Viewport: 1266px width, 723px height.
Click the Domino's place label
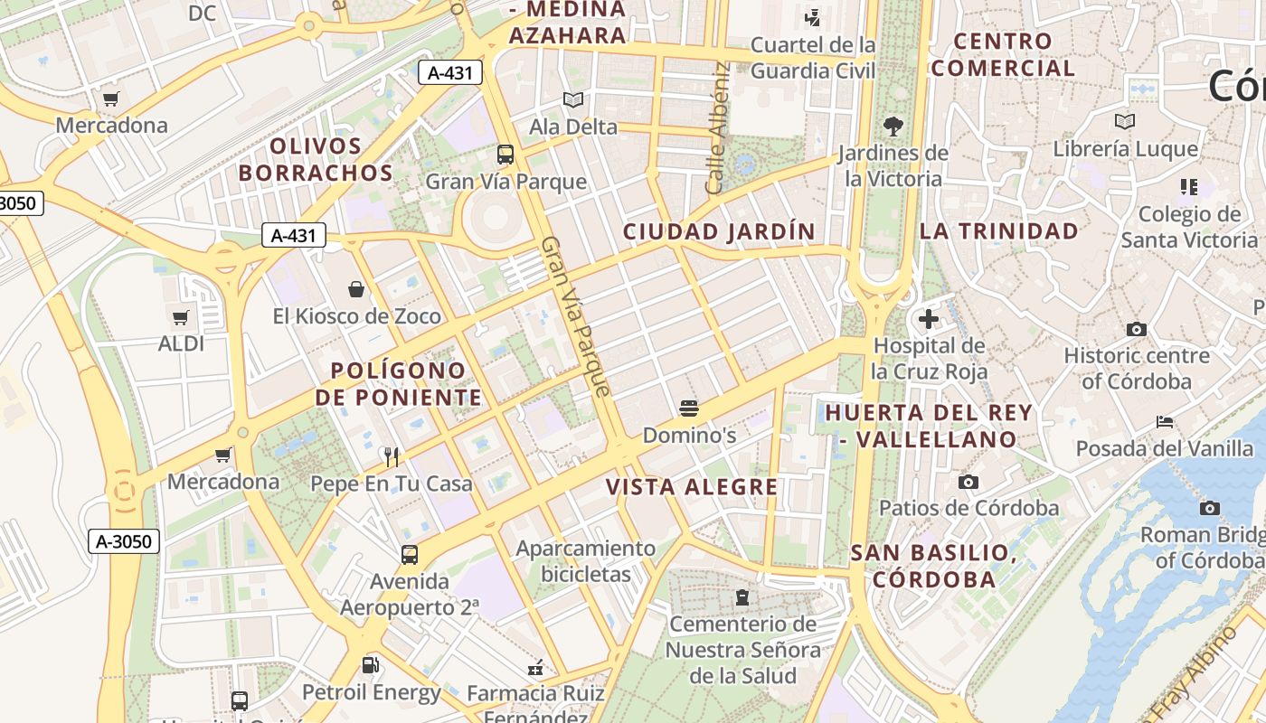click(x=689, y=435)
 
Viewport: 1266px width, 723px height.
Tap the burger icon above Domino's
click(x=689, y=408)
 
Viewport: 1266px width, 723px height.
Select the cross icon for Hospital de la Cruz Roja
click(x=928, y=319)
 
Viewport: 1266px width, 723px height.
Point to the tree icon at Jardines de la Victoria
click(x=893, y=127)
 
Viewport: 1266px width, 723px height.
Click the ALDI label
click(x=181, y=343)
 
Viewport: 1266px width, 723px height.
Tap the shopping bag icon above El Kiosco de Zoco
click(x=356, y=289)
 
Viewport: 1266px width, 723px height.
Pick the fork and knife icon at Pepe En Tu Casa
click(x=392, y=456)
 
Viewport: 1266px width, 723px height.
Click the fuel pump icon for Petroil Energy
click(x=371, y=666)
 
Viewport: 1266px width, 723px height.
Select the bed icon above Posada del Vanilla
click(x=1165, y=422)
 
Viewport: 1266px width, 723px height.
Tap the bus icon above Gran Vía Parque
click(x=505, y=155)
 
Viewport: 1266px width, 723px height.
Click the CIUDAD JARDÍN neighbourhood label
click(x=719, y=231)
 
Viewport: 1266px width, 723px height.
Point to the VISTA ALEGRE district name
click(x=692, y=487)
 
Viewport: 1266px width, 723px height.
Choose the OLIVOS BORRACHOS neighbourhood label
click(x=316, y=159)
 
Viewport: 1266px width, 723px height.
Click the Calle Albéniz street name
click(x=717, y=127)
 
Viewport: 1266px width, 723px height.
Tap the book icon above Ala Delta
click(x=572, y=99)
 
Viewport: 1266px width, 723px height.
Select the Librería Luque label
click(x=1126, y=149)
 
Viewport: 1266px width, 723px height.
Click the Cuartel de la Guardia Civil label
click(x=813, y=57)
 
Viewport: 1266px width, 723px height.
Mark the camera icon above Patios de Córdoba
click(x=968, y=482)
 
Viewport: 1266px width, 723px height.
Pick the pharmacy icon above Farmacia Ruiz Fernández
click(x=536, y=669)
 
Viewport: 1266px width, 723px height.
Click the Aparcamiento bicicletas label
click(x=585, y=560)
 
